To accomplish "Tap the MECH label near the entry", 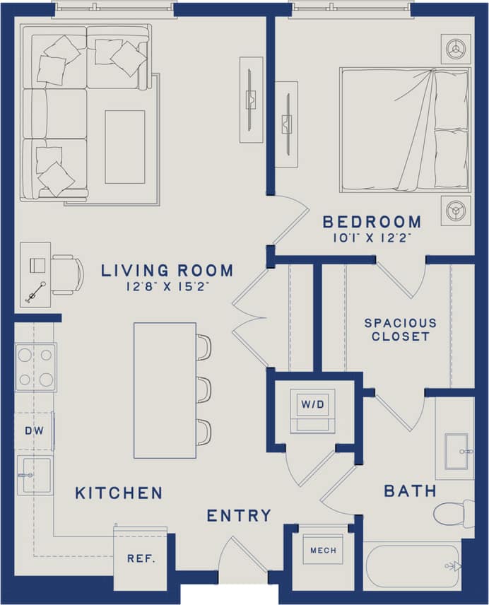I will [322, 550].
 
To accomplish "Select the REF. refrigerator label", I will [141, 558].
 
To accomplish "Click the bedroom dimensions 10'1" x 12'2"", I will [372, 239].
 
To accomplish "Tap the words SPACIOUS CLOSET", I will [400, 329].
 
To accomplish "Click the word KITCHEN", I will [119, 493].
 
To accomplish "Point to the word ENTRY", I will [239, 516].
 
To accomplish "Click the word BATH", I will [410, 491].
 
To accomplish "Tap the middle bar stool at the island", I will [203, 389].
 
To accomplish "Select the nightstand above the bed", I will [456, 48].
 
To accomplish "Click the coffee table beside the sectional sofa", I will [124, 146].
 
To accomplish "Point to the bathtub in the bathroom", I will [413, 565].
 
